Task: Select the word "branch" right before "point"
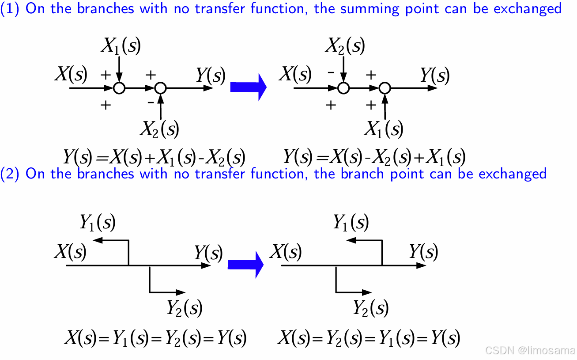coord(363,173)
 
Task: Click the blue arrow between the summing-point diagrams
coord(249,87)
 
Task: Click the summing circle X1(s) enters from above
coord(119,88)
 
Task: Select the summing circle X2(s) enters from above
coord(343,88)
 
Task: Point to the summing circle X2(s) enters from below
coord(161,88)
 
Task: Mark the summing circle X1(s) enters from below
coord(385,88)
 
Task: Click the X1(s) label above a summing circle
coord(121,45)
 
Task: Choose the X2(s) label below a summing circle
coord(159,129)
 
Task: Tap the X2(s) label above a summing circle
coord(345,45)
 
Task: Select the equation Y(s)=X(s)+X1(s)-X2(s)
coord(154,156)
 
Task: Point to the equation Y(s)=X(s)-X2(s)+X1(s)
coord(374,156)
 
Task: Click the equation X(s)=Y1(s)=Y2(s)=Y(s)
coord(155,338)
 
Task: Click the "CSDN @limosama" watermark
coord(529,350)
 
